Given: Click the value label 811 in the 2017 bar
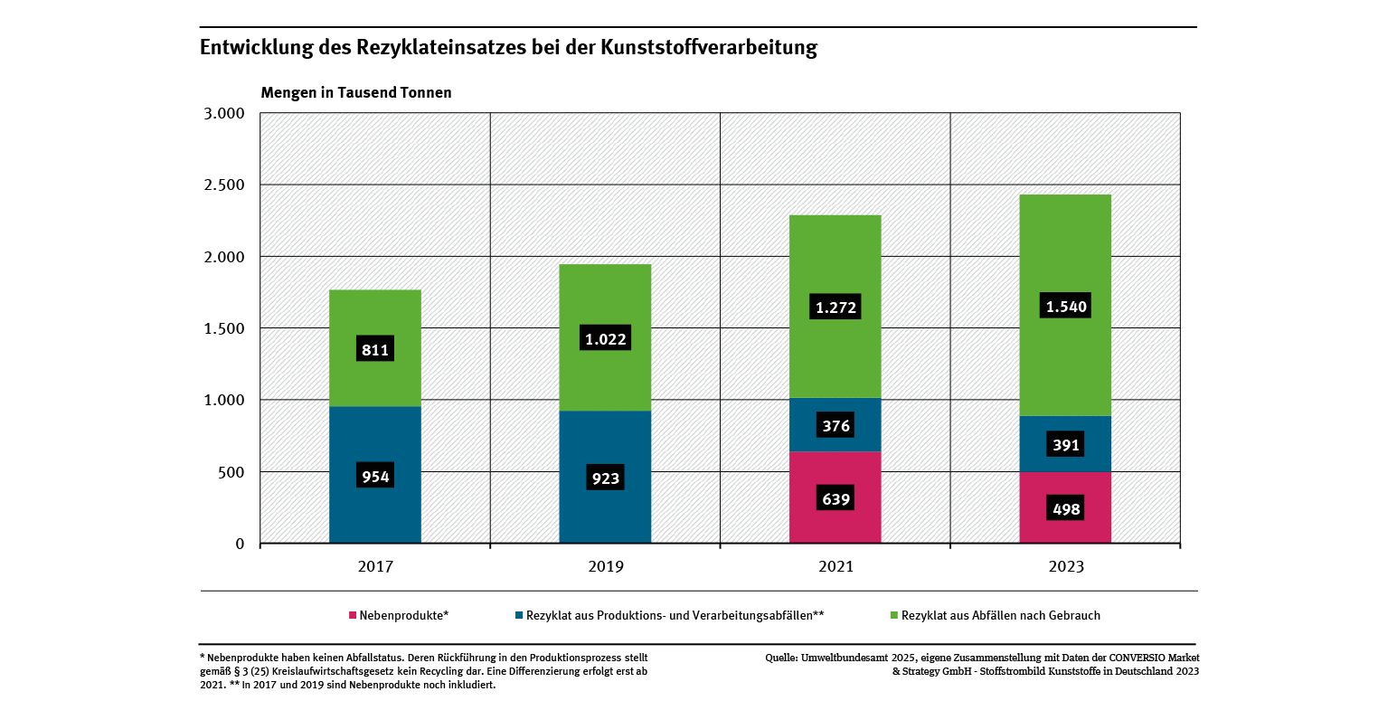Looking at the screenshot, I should pyautogui.click(x=374, y=349).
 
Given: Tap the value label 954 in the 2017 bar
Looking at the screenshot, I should pyautogui.click(x=374, y=477).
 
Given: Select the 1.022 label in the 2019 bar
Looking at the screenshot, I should pyautogui.click(x=605, y=338).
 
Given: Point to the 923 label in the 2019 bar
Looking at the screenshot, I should pyautogui.click(x=605, y=478).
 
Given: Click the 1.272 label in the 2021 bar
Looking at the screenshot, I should pyautogui.click(x=835, y=307).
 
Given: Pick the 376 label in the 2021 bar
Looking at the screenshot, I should pyautogui.click(x=835, y=425).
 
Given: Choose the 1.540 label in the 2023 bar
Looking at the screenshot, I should pyautogui.click(x=1065, y=307).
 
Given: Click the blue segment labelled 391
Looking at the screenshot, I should pyautogui.click(x=1065, y=445).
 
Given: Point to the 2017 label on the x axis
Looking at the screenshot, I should pyautogui.click(x=374, y=567).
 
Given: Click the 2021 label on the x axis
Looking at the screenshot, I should pyautogui.click(x=835, y=567).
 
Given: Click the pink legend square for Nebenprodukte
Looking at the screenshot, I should pyautogui.click(x=353, y=616).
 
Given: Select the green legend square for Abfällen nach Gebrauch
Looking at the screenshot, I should pyautogui.click(x=893, y=616).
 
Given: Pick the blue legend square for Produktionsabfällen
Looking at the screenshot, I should pyautogui.click(x=519, y=616).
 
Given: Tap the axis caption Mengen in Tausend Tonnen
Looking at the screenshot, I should pyautogui.click(x=356, y=92).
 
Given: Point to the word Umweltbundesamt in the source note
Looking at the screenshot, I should pyautogui.click(x=845, y=658).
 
